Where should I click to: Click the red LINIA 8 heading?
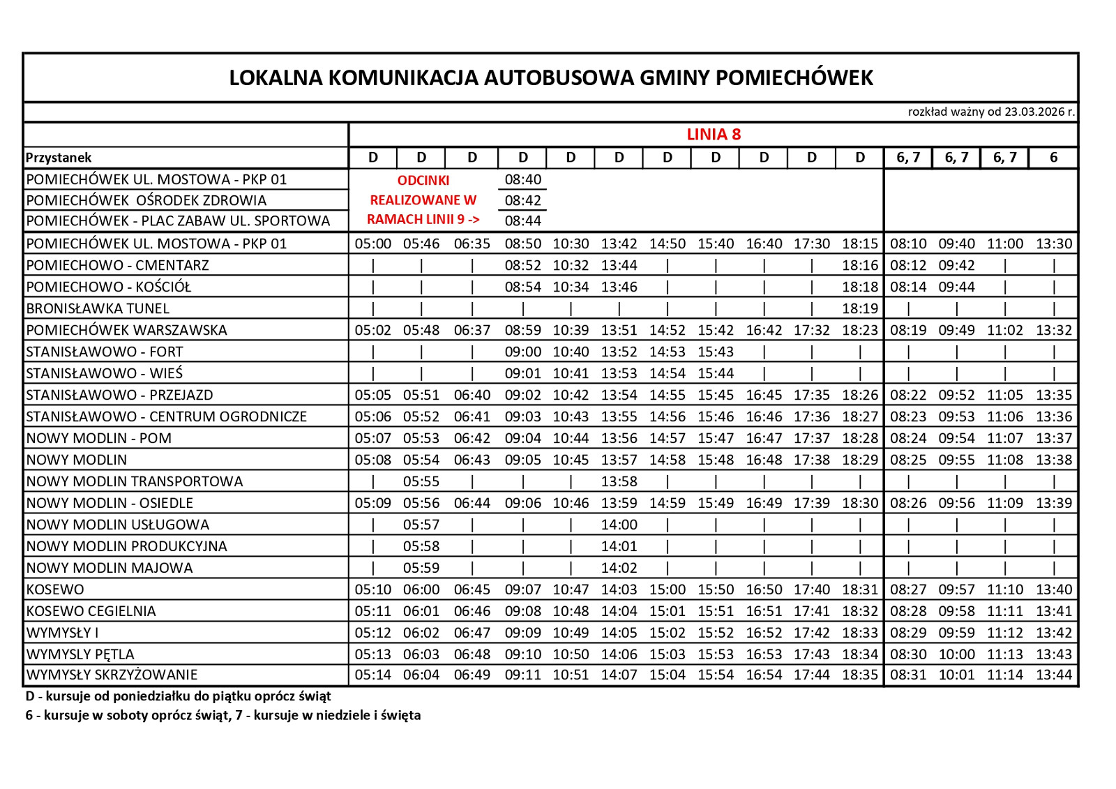click(x=714, y=134)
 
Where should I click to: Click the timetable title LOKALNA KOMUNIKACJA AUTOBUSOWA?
click(x=551, y=77)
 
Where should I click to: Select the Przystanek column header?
click(x=59, y=158)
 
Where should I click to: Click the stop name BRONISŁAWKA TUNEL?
click(x=98, y=308)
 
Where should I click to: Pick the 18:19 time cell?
click(x=859, y=308)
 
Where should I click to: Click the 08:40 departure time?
click(x=522, y=179)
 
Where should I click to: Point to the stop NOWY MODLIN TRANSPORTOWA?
click(x=135, y=481)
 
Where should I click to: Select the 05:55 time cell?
click(x=421, y=481)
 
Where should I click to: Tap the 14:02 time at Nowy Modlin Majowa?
click(x=619, y=568)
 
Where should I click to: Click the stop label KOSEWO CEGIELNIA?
click(x=91, y=611)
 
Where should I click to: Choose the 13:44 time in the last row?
click(x=1053, y=675)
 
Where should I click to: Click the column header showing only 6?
click(x=1053, y=158)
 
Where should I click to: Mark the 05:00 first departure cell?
click(x=373, y=243)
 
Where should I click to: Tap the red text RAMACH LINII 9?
click(x=423, y=219)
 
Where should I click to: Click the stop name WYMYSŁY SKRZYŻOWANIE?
click(x=112, y=675)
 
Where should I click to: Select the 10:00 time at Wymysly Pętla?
click(x=956, y=654)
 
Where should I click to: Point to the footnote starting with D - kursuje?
click(x=178, y=696)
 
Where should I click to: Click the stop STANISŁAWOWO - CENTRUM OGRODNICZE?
click(x=167, y=416)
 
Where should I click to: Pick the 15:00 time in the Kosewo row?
click(x=667, y=589)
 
